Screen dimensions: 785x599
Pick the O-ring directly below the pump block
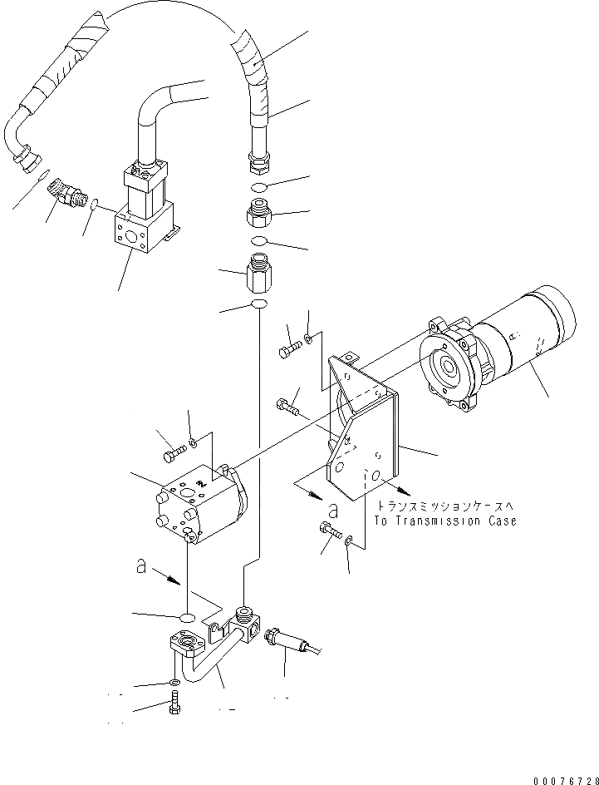coord(188,617)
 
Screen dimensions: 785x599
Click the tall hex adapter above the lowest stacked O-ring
coord(258,273)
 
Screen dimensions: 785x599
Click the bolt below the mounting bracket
coord(328,531)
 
